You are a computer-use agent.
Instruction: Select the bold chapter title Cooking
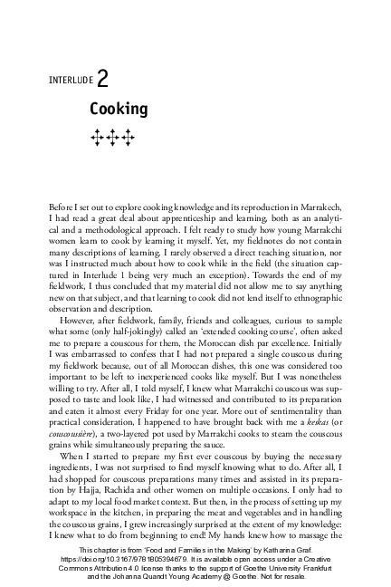tap(118, 110)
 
